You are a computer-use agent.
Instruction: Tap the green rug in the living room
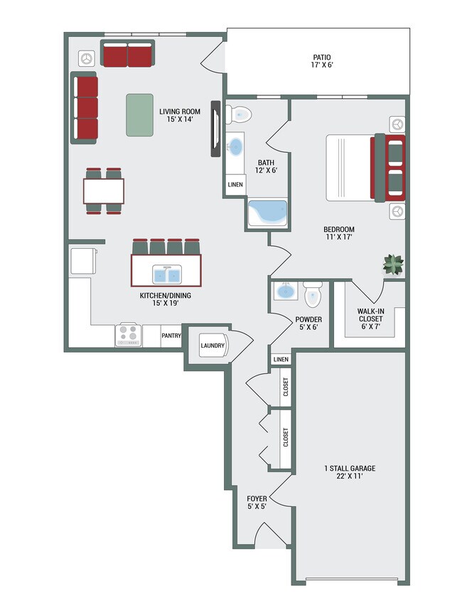pyautogui.click(x=141, y=114)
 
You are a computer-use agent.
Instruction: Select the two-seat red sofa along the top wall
pyautogui.click(x=127, y=54)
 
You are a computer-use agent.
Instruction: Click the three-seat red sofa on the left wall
pyautogui.click(x=85, y=108)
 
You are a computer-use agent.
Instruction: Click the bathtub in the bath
pyautogui.click(x=267, y=213)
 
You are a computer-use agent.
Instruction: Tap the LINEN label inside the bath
pyautogui.click(x=235, y=185)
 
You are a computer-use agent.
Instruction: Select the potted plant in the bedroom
pyautogui.click(x=393, y=265)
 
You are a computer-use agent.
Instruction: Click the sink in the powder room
pyautogui.click(x=286, y=292)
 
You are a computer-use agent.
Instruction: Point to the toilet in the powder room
pyautogui.click(x=313, y=293)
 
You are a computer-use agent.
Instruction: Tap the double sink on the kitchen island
pyautogui.click(x=166, y=274)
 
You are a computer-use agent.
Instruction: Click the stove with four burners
pyautogui.click(x=129, y=335)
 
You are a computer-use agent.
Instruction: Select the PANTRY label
pyautogui.click(x=171, y=336)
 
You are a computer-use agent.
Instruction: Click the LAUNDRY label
pyautogui.click(x=213, y=346)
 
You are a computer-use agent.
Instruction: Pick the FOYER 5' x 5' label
pyautogui.click(x=257, y=503)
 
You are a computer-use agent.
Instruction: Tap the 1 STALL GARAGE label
pyautogui.click(x=349, y=472)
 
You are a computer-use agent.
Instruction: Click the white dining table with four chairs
pyautogui.click(x=104, y=191)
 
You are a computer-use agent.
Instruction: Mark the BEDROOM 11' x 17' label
pyautogui.click(x=338, y=233)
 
